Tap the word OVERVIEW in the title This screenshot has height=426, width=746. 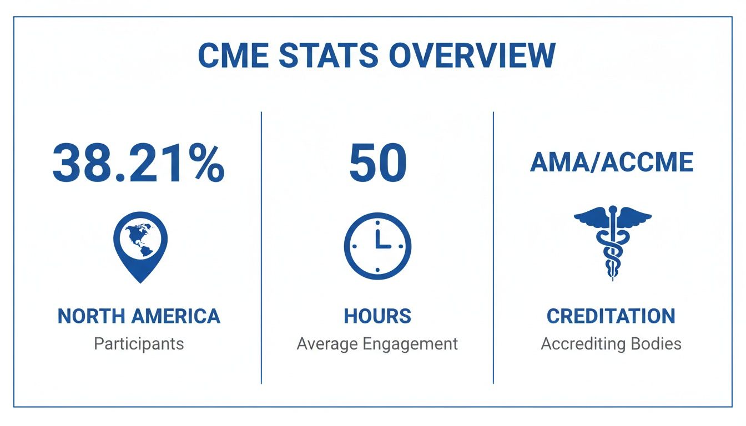[x=472, y=55]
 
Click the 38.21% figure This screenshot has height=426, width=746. [x=139, y=164]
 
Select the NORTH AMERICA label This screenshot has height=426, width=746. [x=139, y=316]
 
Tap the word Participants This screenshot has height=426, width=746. [x=139, y=344]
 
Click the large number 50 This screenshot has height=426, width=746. [x=377, y=164]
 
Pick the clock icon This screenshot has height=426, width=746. [x=377, y=245]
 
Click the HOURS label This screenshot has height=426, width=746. [x=377, y=316]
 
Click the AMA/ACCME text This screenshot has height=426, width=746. [x=612, y=163]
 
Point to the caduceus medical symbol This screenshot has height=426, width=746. [x=612, y=242]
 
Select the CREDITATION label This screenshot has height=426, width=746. [x=611, y=316]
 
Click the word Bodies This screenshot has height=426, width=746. [x=656, y=344]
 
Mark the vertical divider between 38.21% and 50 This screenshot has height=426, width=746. [x=261, y=247]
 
